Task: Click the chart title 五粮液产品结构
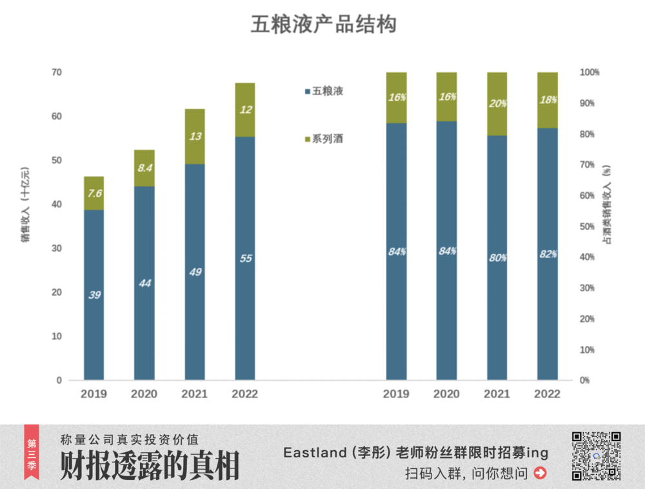pos(323,25)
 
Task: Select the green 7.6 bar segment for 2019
pos(94,193)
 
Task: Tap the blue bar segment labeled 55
pos(244,258)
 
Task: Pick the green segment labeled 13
pos(194,136)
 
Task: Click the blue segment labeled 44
pos(144,283)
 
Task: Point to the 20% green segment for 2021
pos(497,104)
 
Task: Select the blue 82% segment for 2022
pos(547,254)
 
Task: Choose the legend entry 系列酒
pos(328,139)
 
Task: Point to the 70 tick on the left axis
pos(57,72)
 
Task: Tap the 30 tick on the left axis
pos(57,248)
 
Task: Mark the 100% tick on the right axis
pos(590,72)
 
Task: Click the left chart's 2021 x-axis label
pos(194,394)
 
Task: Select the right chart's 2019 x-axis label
pos(396,394)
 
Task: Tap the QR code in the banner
pos(596,456)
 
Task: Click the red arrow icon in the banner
pos(541,473)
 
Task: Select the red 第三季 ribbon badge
pos(31,451)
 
